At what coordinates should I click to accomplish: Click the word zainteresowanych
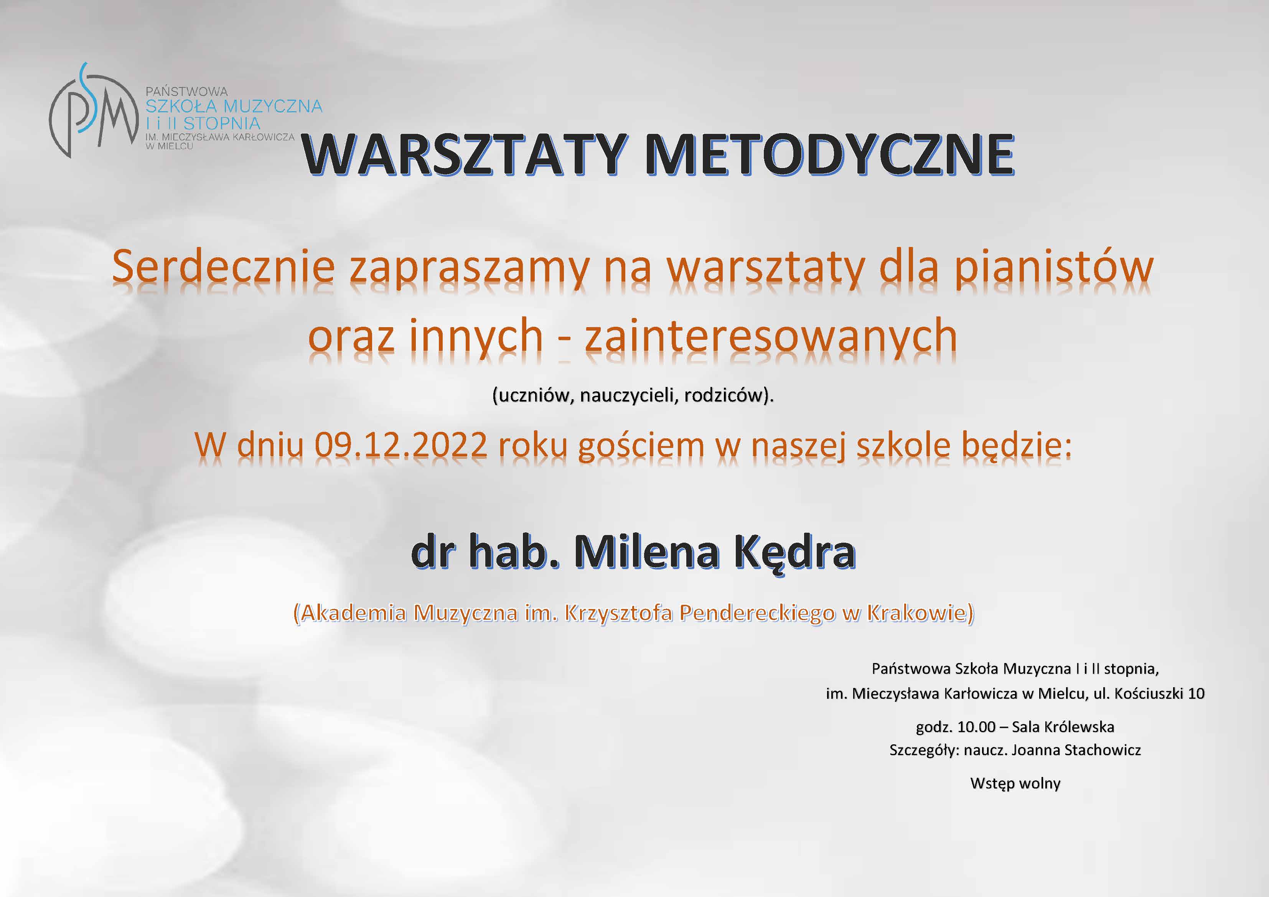click(x=771, y=336)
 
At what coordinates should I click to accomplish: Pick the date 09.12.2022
click(x=401, y=445)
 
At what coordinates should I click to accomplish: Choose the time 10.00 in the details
click(x=977, y=727)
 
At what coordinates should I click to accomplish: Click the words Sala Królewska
click(x=1063, y=727)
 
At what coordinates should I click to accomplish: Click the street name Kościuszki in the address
click(x=1149, y=694)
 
